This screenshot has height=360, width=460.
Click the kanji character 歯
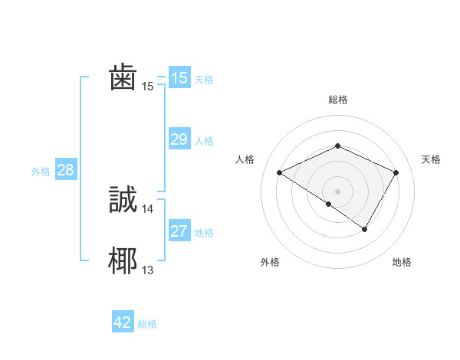pos(123,78)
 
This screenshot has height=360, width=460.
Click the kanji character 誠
pos(123,199)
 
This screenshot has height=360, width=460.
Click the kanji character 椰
pos(123,260)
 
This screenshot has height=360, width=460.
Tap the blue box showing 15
pos(179,78)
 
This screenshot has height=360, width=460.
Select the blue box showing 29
pos(179,139)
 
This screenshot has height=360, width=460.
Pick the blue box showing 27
pos(179,231)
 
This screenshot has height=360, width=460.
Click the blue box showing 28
pos(66,170)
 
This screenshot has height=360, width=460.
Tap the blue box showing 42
pos(123,322)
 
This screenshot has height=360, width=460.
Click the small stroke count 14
pos(148,208)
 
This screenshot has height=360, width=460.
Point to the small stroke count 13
pos(148,270)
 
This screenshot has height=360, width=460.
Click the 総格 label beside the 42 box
pos(147,324)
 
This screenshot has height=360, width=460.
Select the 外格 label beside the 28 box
pos(41,172)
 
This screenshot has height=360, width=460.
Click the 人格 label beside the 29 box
pos(204,141)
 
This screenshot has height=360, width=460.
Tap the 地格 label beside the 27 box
pos(204,233)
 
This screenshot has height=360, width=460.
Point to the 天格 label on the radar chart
pos(431,159)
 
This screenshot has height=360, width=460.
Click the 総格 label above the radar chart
pos(338,100)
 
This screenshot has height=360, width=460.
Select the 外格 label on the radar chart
pos(270,263)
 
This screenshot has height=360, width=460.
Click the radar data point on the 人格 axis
pos(280,172)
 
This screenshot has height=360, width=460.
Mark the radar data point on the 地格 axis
pos(365,229)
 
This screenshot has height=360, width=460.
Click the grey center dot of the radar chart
pos(337,191)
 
